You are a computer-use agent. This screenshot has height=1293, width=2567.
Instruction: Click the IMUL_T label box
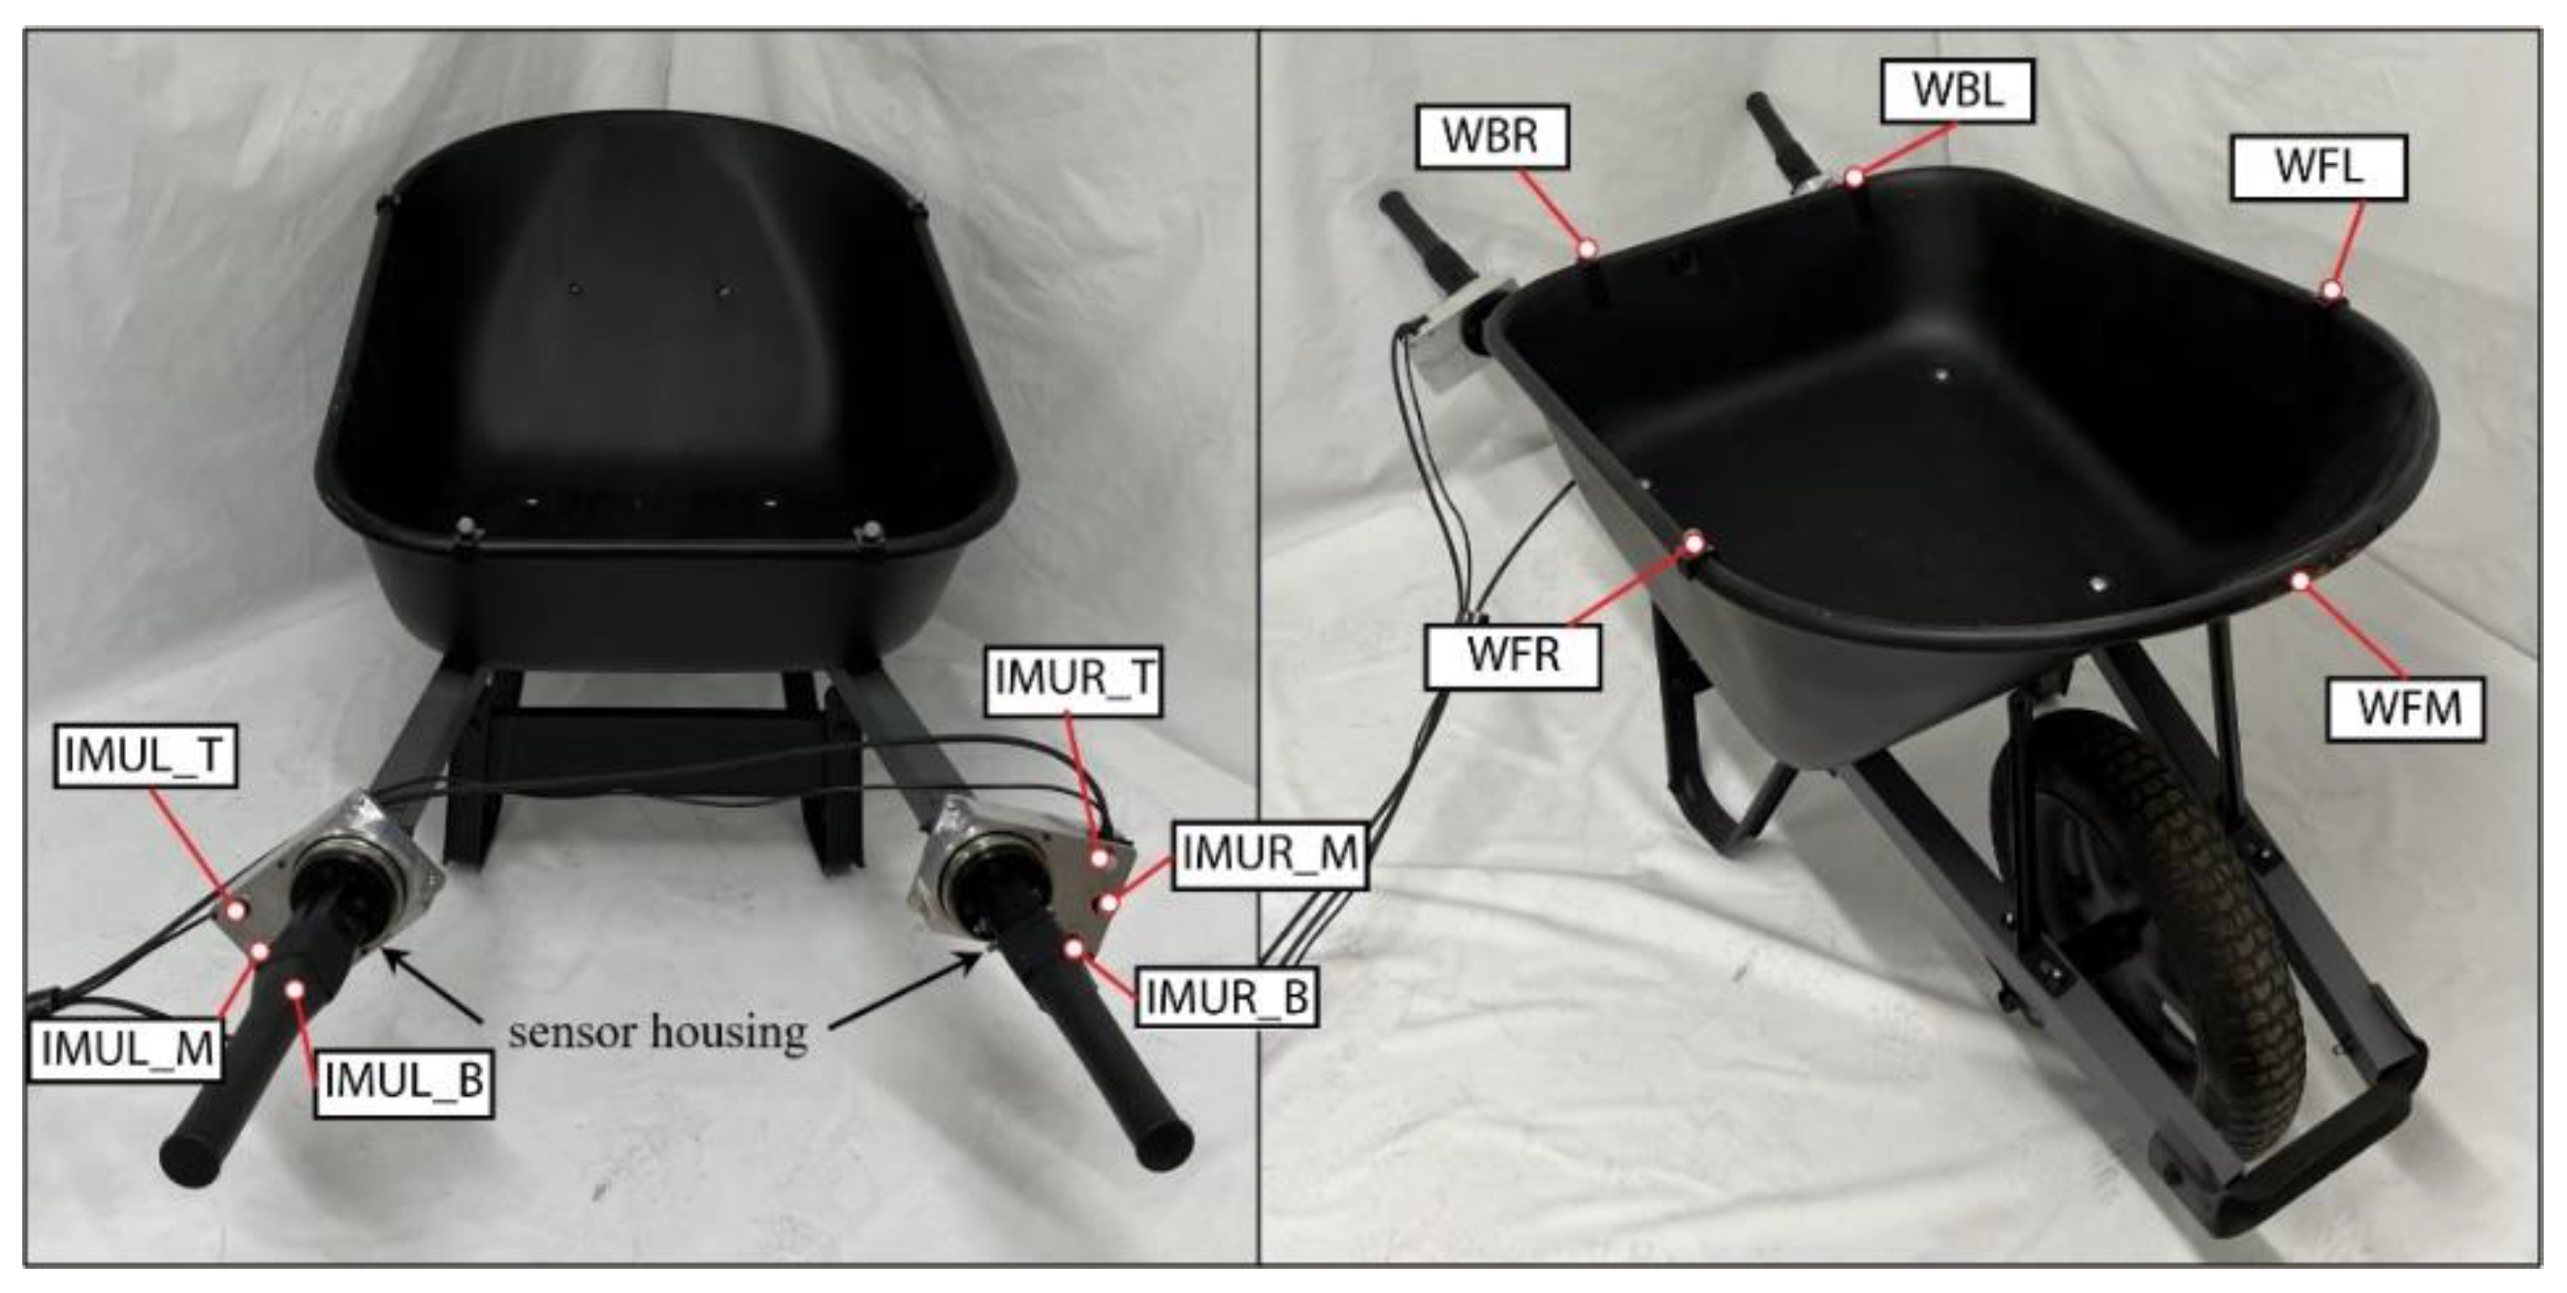[x=144, y=756]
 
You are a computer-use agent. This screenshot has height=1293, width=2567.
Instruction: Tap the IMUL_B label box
[x=403, y=1082]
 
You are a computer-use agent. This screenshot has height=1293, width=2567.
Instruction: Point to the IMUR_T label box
[x=1074, y=679]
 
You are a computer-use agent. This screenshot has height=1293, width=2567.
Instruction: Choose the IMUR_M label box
[x=1268, y=855]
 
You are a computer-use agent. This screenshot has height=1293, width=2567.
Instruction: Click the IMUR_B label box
[x=1227, y=997]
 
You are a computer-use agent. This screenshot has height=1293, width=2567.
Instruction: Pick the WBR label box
[x=1491, y=137]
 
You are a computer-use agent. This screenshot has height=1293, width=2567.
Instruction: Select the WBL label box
[x=1957, y=91]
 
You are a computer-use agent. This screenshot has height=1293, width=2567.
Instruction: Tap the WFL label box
[x=2319, y=167]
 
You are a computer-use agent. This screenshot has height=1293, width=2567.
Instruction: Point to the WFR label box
[x=1513, y=656]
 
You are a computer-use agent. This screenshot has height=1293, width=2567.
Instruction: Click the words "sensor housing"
[x=658, y=1032]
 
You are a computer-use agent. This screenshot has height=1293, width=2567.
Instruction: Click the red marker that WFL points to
[x=2330, y=290]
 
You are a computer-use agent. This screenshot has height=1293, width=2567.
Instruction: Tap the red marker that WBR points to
[x=1588, y=247]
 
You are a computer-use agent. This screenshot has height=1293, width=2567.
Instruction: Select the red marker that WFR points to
[x=1694, y=544]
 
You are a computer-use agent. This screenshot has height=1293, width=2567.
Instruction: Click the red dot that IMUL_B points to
[x=295, y=988]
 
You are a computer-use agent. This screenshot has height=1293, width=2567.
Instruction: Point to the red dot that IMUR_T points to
[x=1100, y=857]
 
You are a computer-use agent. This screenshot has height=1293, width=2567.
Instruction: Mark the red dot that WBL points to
[x=1853, y=178]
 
